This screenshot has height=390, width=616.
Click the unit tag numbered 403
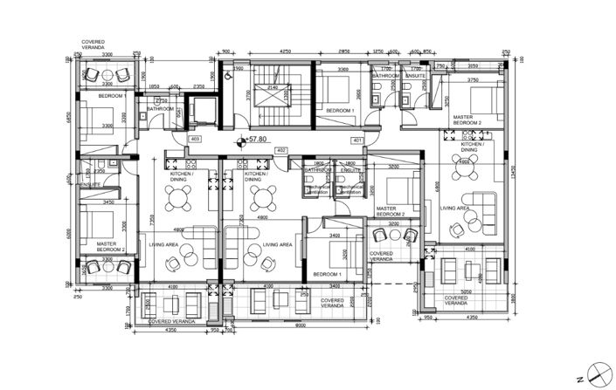tap(195, 139)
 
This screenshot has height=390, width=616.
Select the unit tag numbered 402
tap(281, 151)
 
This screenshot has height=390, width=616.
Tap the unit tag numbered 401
tap(356, 140)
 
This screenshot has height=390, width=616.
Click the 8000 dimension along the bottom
tap(299, 327)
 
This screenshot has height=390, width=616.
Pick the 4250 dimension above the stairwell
tap(285, 52)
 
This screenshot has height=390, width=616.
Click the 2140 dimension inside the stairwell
tap(272, 88)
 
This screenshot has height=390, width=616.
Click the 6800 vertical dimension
tap(435, 188)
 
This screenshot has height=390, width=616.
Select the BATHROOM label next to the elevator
tap(161, 109)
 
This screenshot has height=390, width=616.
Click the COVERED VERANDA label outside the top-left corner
tap(93, 44)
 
